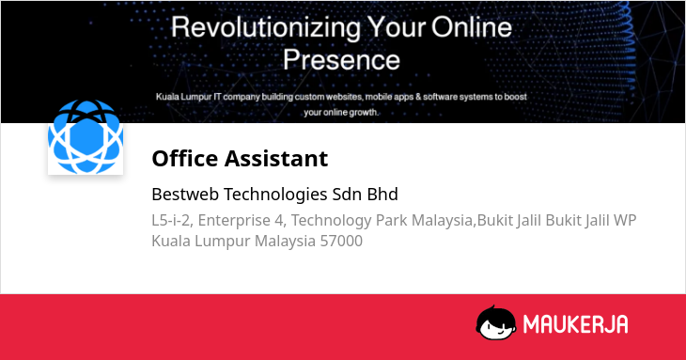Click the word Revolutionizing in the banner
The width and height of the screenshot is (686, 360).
(x=266, y=28)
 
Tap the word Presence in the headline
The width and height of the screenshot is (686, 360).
(x=341, y=60)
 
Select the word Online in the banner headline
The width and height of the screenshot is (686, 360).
(x=472, y=27)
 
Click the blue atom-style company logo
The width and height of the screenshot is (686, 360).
(x=86, y=137)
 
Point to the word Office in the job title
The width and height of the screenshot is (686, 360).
(x=184, y=158)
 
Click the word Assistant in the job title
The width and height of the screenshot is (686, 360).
(x=276, y=158)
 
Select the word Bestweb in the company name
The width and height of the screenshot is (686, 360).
(x=185, y=195)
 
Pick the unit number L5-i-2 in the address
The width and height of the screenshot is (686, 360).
(x=171, y=220)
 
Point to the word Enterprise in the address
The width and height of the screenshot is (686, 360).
(x=234, y=221)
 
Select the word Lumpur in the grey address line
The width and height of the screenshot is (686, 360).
(x=223, y=242)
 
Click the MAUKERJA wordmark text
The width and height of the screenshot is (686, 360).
(x=576, y=324)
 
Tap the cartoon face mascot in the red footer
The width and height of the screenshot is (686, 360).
(x=496, y=322)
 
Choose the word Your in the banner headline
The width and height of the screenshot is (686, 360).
(x=397, y=27)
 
